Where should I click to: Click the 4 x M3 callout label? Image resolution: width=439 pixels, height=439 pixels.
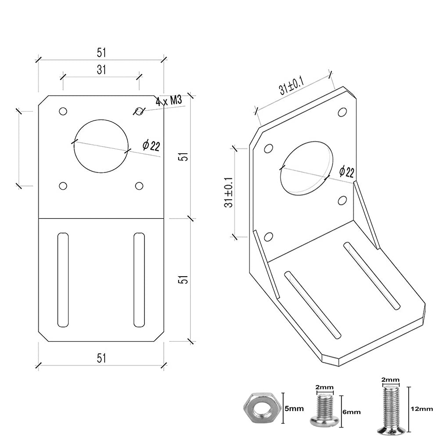[x=169, y=101]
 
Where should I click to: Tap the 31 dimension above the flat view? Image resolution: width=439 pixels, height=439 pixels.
[x=101, y=69]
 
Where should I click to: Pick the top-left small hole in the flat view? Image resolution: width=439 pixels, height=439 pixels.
[x=63, y=111]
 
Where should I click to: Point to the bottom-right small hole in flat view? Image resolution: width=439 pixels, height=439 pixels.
[x=139, y=186]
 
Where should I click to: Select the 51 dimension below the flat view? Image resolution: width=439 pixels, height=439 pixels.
[x=101, y=358]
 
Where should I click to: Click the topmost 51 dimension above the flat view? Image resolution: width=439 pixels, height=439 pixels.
[x=101, y=52]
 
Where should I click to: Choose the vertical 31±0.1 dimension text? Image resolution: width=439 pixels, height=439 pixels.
[x=229, y=192]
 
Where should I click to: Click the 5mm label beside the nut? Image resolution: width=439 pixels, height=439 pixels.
[x=294, y=408]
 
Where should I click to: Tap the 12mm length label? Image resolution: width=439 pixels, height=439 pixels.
[x=421, y=409]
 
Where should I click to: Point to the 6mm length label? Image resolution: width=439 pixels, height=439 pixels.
[x=351, y=412]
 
